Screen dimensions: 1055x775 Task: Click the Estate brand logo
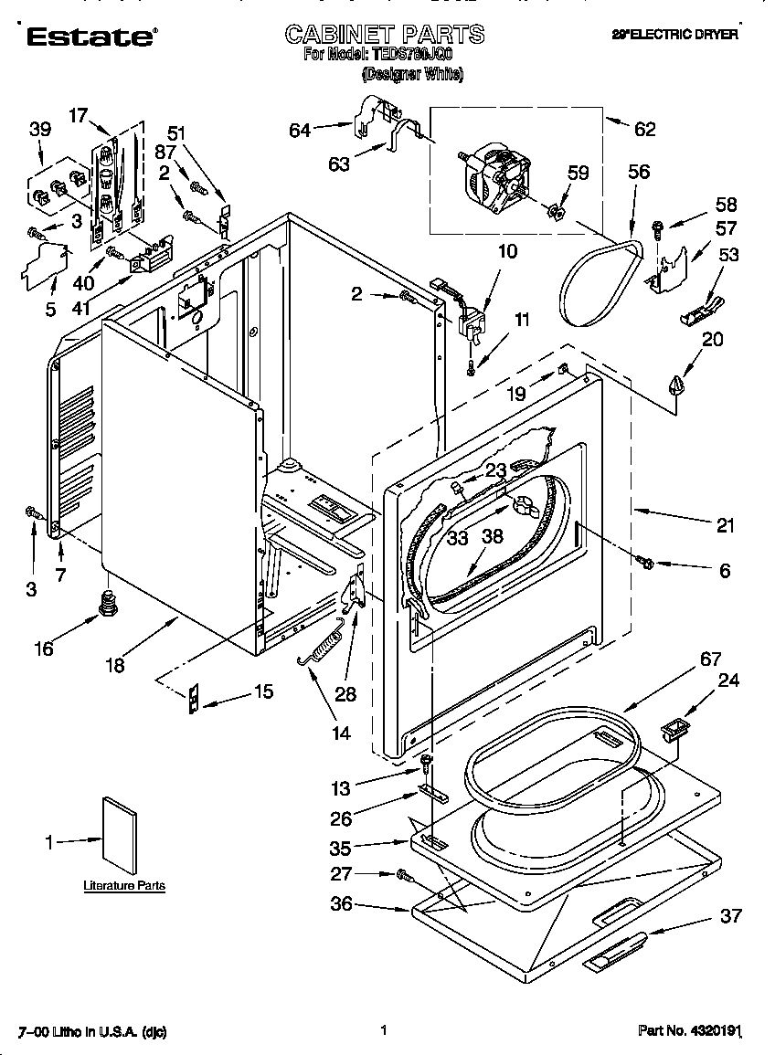coord(90,36)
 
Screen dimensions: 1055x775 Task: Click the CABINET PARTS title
coord(385,35)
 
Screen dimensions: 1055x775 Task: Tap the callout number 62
coord(644,129)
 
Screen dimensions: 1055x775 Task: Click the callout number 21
coord(725,524)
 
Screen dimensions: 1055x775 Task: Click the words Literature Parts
coord(124,885)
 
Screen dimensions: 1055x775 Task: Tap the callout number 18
coord(114,665)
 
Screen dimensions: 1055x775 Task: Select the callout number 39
coord(39,130)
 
